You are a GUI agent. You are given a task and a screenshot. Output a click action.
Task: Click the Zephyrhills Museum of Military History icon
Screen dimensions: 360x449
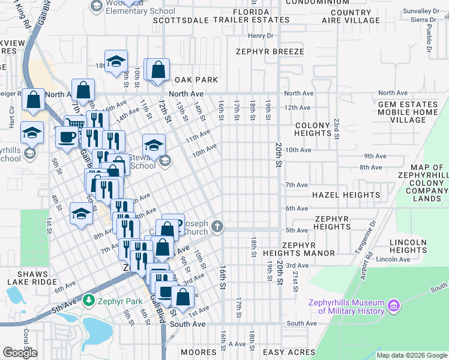[394, 307]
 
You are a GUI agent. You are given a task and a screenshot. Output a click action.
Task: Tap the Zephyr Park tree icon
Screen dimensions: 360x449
[89, 298]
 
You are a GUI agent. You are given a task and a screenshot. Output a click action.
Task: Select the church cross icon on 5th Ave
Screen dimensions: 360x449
[218, 227]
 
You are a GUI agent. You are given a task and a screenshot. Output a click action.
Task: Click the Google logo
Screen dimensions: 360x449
[20, 353]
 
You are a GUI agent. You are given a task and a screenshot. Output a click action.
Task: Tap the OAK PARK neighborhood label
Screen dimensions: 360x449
[196, 80]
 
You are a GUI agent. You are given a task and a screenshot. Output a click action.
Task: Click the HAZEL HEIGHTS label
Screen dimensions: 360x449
[346, 195]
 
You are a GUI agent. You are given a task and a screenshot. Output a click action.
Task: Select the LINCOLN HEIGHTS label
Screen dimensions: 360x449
[408, 246]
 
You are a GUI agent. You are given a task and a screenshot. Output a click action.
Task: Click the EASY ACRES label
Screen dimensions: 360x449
[289, 352]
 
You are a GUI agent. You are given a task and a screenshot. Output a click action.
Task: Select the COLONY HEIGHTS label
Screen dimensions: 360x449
[313, 129]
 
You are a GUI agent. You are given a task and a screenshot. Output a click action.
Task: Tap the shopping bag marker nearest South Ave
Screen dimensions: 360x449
[182, 296]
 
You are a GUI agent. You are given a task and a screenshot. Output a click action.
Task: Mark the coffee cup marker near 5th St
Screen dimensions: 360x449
[66, 136]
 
